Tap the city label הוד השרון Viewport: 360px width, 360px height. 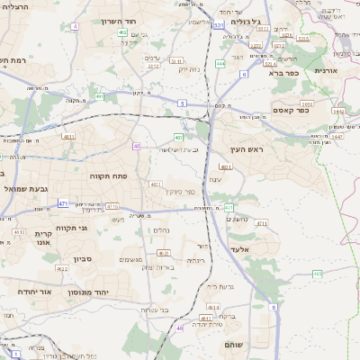point(139,20)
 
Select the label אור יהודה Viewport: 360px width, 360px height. point(33,292)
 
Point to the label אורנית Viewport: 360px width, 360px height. point(325,70)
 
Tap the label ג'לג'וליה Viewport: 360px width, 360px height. point(245,21)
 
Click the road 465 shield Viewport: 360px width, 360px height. point(318,272)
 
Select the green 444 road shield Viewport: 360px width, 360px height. point(220,63)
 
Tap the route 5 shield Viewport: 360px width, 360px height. point(182,104)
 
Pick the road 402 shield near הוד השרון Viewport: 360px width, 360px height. point(121,32)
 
